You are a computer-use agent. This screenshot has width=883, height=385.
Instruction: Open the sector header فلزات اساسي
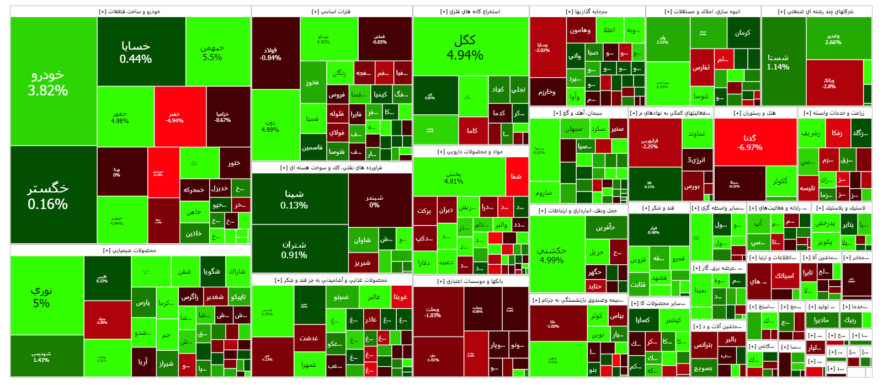click(x=332, y=12)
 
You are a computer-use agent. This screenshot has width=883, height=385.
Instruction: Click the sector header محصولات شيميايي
click(x=130, y=250)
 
